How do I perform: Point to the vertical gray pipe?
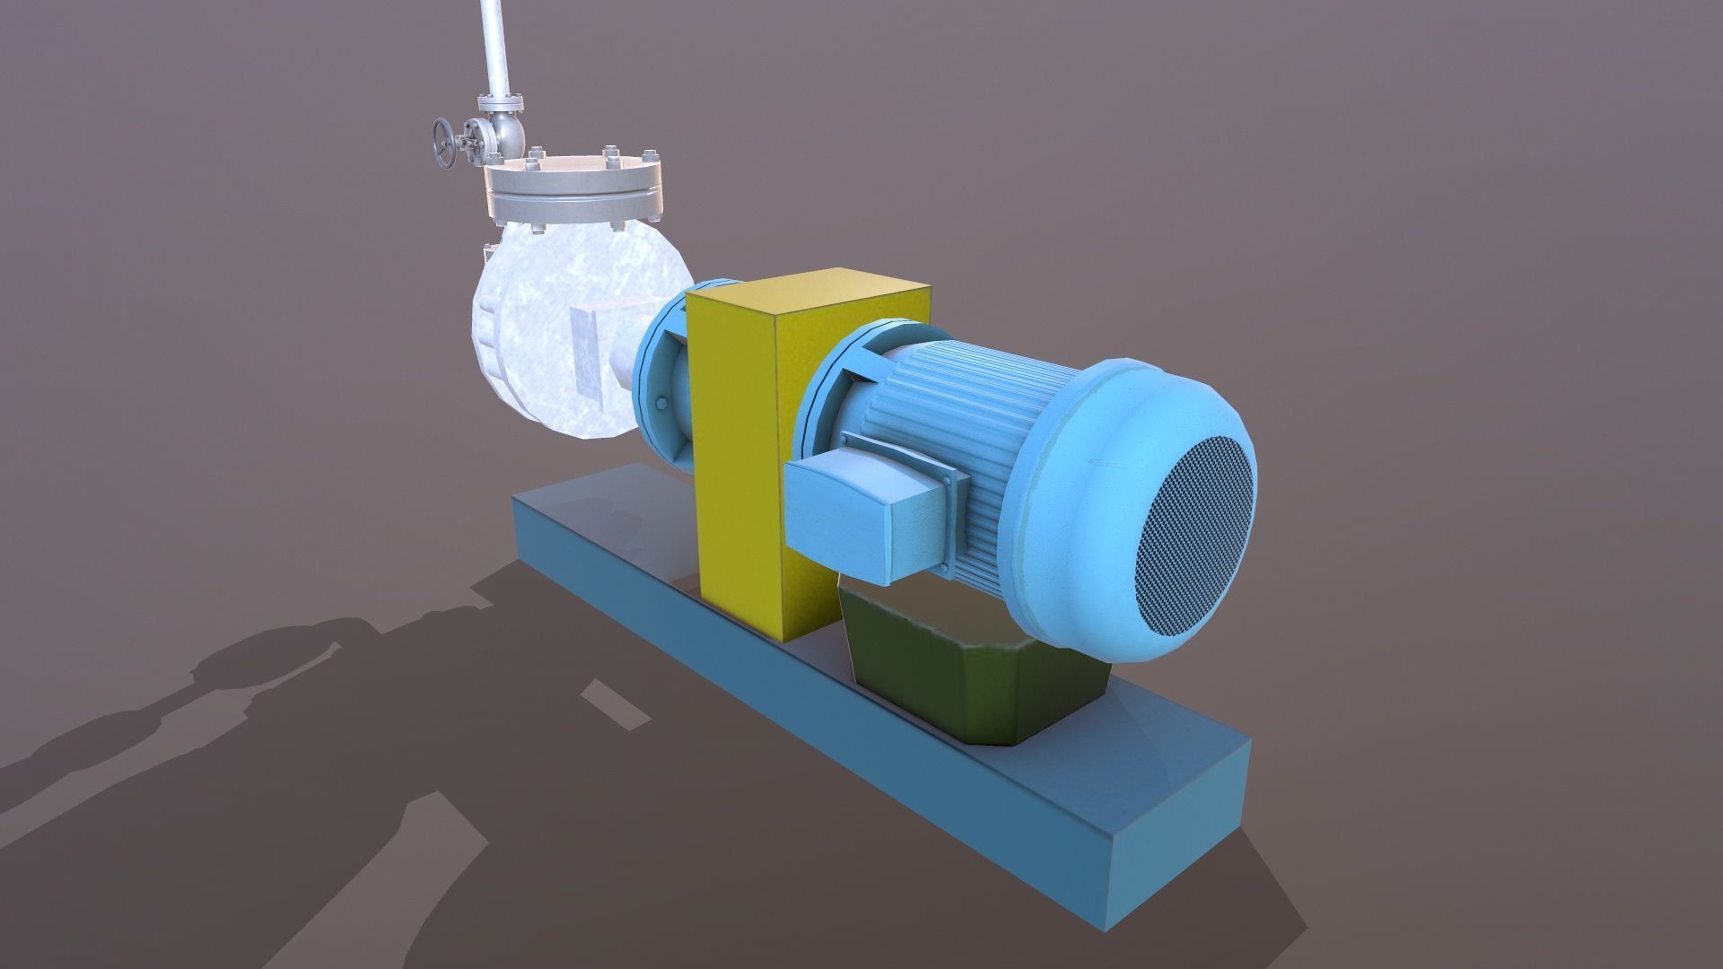tap(491, 45)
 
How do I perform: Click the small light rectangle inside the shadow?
tap(616, 703)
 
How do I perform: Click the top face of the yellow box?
tap(808, 296)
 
